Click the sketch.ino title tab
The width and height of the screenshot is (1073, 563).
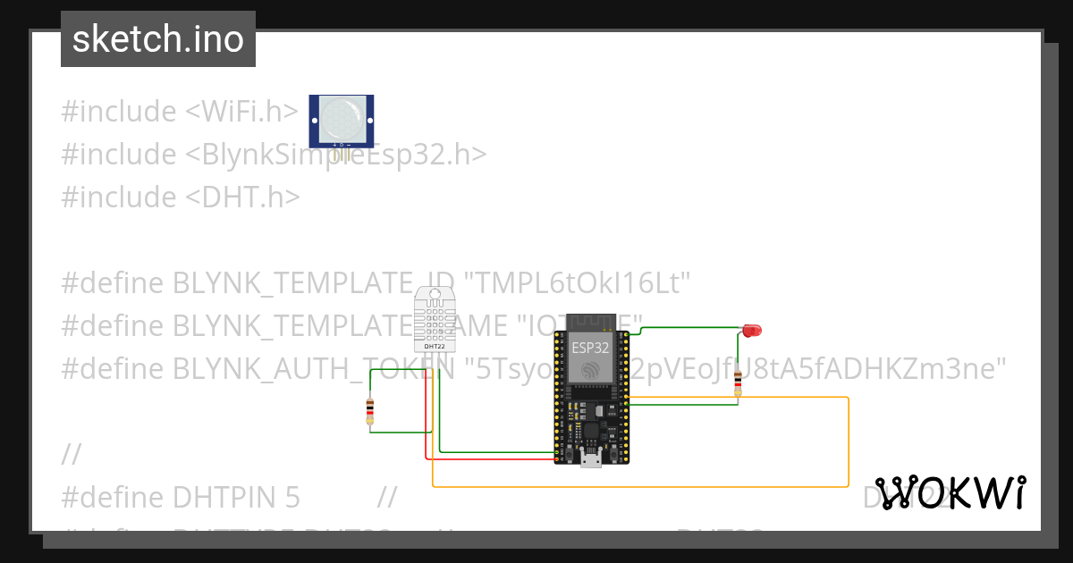point(158,39)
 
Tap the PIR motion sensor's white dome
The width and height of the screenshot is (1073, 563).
point(342,117)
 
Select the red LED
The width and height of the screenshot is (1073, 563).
point(751,331)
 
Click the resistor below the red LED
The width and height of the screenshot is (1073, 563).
point(738,381)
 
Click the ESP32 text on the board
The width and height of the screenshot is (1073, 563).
point(590,348)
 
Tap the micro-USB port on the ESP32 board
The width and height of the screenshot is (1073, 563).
point(590,460)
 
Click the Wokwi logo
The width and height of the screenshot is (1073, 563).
point(950,492)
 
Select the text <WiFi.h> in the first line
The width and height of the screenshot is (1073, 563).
point(241,112)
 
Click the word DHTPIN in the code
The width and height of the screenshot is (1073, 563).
point(223,497)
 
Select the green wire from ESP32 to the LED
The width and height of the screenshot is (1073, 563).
point(689,328)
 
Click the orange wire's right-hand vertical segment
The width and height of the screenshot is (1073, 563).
point(848,442)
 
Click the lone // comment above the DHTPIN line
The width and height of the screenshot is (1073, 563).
point(72,454)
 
